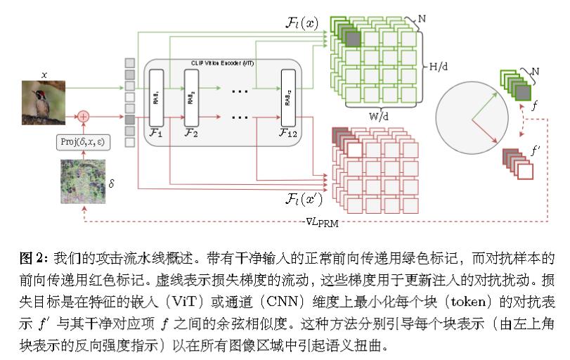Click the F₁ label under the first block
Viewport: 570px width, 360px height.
155,131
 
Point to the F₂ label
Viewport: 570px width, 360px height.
190,131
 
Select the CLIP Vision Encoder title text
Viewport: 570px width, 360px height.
224,63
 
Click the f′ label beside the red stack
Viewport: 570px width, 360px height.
536,149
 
